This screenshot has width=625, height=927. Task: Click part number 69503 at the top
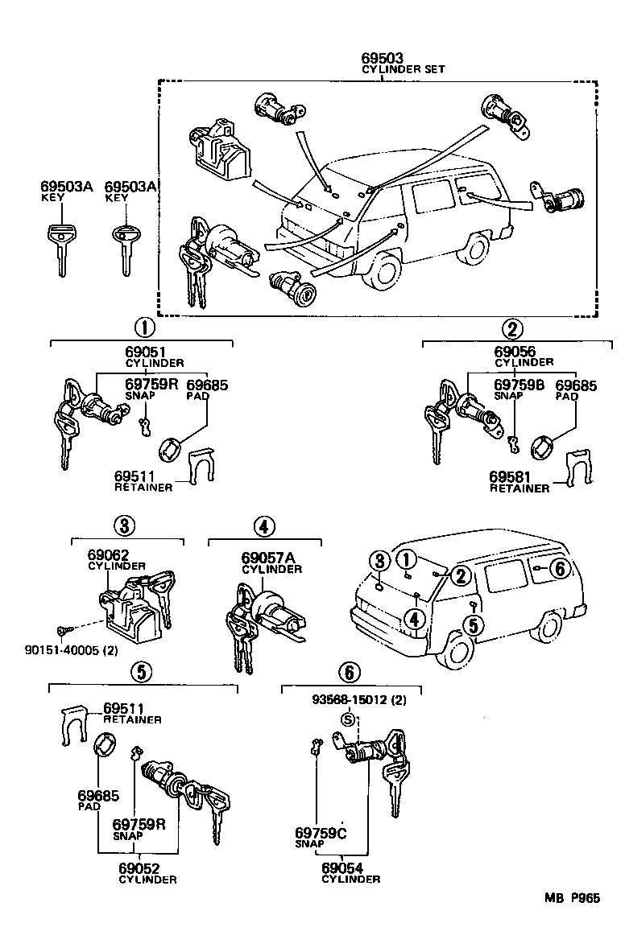pos(382,59)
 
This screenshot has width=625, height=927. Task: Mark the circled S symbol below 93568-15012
pos(348,719)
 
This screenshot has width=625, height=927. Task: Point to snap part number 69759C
pos(319,834)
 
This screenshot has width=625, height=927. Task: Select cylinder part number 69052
pos(139,868)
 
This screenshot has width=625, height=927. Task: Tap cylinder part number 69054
pos(343,868)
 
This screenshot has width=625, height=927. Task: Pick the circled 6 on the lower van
pos(561,568)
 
